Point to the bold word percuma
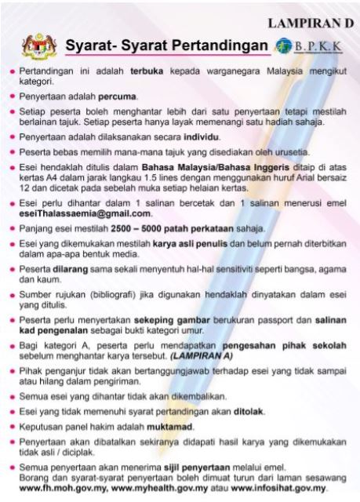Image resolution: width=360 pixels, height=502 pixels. click(116, 96)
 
